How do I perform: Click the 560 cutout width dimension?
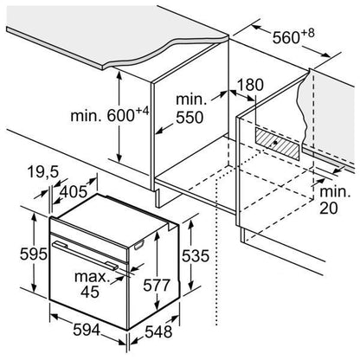point(293,36)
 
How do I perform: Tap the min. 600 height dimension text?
point(110,114)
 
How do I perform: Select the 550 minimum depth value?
point(190,118)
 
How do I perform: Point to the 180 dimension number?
point(250,85)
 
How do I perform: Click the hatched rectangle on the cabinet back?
point(278,143)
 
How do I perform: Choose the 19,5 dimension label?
point(43,172)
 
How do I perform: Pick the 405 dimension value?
point(74,191)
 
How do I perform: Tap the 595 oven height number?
point(34,254)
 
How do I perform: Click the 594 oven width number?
point(87,330)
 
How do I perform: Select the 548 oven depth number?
point(158,331)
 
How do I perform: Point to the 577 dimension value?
point(157,286)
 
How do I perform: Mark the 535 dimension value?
point(196,256)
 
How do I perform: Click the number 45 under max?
point(90,292)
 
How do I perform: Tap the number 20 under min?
point(328,209)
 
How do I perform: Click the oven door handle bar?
point(85,255)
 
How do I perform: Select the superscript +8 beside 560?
point(308,33)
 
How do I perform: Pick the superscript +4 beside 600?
point(143,111)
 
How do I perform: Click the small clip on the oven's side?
point(138,245)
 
